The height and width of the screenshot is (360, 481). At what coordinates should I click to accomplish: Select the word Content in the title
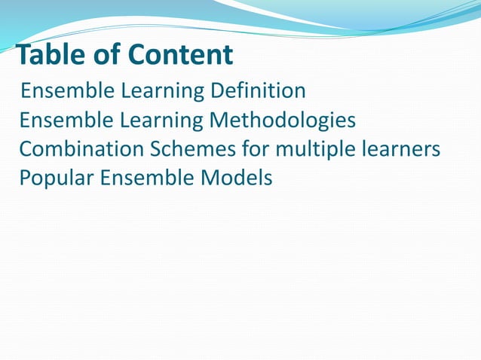(181, 55)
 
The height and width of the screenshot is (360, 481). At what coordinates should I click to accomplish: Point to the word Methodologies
(283, 121)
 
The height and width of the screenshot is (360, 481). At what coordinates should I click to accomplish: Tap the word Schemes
(192, 149)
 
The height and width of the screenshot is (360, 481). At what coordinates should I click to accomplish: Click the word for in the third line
(255, 149)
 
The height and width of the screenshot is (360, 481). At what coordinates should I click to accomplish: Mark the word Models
(237, 178)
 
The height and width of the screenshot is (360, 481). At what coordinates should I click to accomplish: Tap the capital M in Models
(212, 178)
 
